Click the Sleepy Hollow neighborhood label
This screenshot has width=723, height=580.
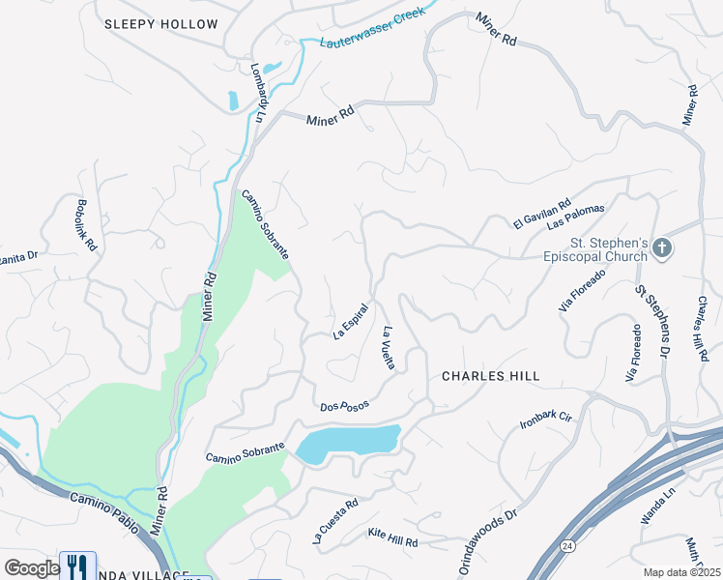click(160, 24)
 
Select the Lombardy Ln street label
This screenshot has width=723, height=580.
click(258, 93)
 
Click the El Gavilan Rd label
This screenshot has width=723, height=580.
click(543, 212)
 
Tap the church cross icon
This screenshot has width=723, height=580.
click(662, 248)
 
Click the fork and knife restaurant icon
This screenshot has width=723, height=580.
click(77, 565)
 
